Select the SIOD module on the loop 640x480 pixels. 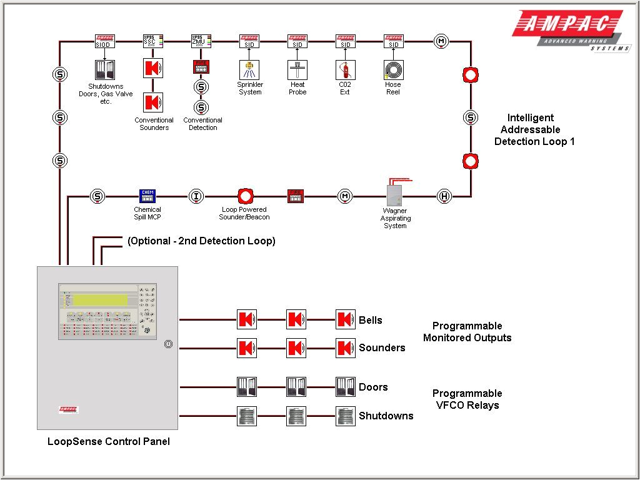tap(104, 41)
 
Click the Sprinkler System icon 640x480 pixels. tap(249, 69)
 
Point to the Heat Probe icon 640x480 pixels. tap(297, 69)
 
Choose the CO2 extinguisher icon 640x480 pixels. tap(345, 69)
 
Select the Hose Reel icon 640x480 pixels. tap(393, 69)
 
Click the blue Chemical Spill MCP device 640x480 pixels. tap(147, 196)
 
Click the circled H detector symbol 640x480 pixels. tap(444, 196)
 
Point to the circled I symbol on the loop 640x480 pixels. tap(196, 196)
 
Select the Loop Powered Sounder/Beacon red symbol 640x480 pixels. tap(244, 196)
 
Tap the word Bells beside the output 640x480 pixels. tap(370, 320)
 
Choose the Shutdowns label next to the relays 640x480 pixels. tap(386, 416)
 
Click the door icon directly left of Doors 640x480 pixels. tap(345, 387)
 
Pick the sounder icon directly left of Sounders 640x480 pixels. tap(345, 347)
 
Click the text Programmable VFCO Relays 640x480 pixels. tap(467, 399)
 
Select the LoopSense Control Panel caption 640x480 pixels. tap(108, 441)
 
